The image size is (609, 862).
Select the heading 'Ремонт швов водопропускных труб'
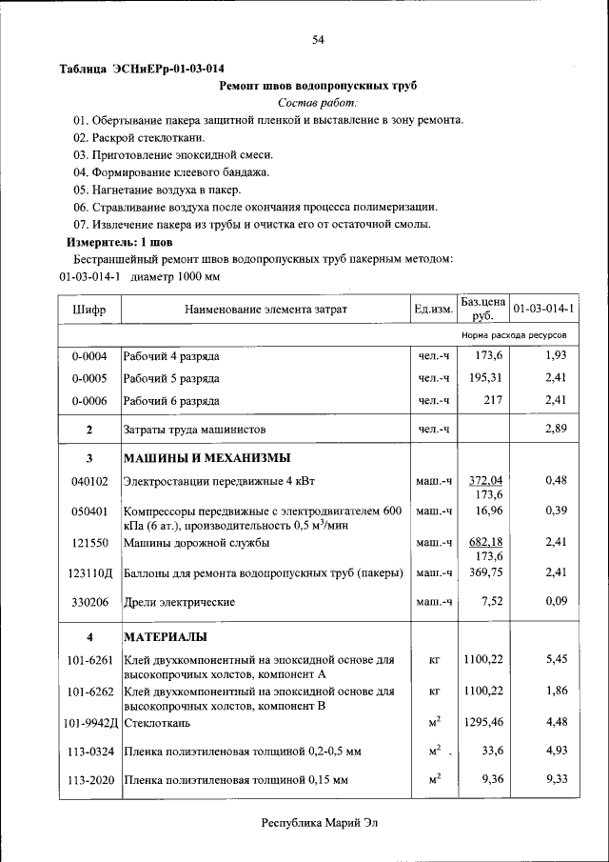coord(318,86)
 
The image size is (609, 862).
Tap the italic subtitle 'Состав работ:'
coord(318,103)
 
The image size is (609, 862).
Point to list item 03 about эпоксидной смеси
coord(174,155)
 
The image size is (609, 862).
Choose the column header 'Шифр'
coord(89,310)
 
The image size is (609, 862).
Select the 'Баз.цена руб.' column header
coord(482,309)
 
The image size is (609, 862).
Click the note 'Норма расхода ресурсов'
coord(514,336)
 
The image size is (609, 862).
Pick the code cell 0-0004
coord(89,356)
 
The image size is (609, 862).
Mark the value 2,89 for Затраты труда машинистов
coord(556,430)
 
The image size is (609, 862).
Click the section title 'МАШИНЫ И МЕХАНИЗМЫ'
coord(203,459)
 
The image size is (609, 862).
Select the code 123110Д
coord(89,573)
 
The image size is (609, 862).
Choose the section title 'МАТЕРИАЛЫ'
coord(166,637)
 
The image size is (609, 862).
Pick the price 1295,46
coord(482,723)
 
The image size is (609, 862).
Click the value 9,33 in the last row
coord(556,779)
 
